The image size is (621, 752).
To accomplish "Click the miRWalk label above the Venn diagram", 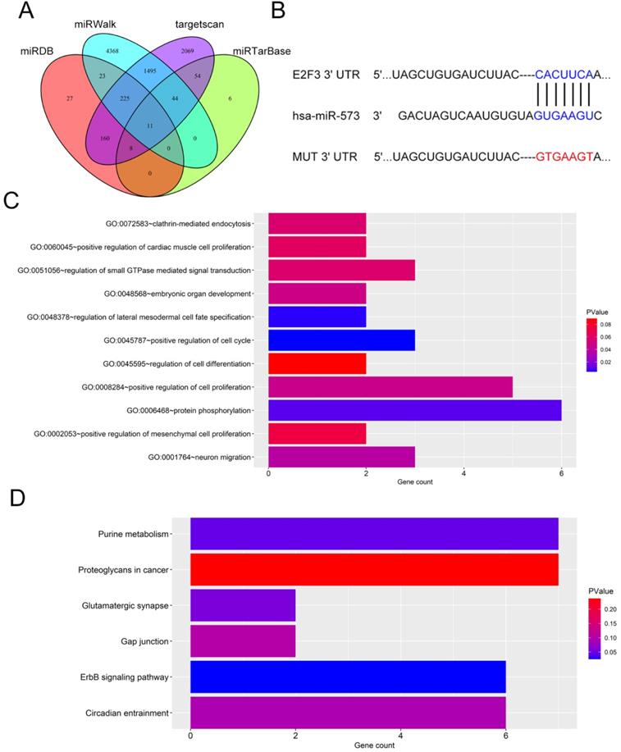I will tap(96, 25).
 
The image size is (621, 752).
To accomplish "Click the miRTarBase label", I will tap(262, 52).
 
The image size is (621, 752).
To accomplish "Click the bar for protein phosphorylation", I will tap(414, 410).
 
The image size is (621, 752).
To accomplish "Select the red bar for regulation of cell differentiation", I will tap(317, 363).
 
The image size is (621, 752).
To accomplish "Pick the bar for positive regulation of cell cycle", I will tap(341, 340).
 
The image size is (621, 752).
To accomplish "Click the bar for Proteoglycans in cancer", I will tap(374, 570).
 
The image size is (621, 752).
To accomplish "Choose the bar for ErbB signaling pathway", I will tap(348, 677).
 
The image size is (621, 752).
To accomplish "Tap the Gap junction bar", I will tap(243, 641).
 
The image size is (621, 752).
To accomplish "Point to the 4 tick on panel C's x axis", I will tap(463, 471).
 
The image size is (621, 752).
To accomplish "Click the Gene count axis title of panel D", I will tap(374, 745).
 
